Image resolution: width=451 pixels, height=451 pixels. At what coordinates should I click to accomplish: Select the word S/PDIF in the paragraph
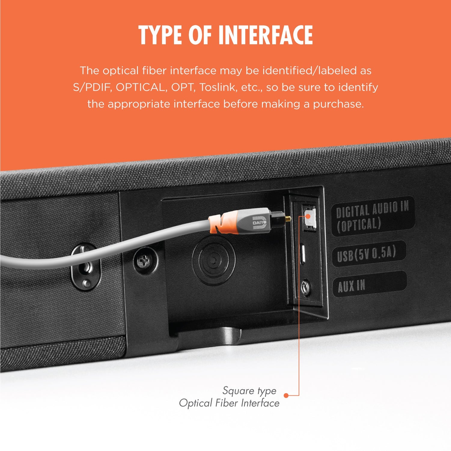pyautogui.click(x=92, y=87)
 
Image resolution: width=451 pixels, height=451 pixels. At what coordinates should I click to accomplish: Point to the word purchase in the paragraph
pyautogui.click(x=338, y=104)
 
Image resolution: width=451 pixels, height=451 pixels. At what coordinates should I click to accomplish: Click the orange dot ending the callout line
pyautogui.click(x=286, y=395)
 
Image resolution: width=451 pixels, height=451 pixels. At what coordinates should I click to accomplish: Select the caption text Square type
pyautogui.click(x=249, y=391)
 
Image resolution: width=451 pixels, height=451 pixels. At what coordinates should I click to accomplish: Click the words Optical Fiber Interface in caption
pyautogui.click(x=229, y=403)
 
